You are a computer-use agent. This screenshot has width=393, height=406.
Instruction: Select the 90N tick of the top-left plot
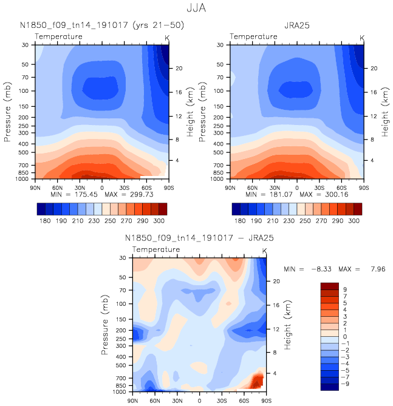point(35,188)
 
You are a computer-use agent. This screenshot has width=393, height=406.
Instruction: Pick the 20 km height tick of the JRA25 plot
point(374,68)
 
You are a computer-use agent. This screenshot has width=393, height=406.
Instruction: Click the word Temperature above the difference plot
point(156,249)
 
